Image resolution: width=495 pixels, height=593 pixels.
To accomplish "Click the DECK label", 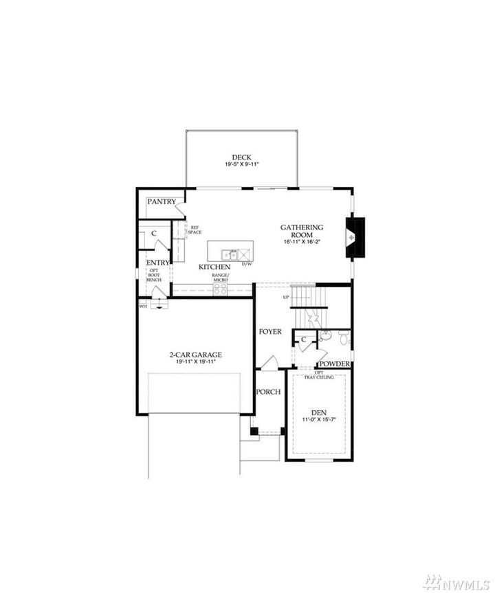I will (241, 157).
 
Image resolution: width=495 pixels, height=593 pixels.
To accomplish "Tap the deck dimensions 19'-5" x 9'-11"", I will (241, 165).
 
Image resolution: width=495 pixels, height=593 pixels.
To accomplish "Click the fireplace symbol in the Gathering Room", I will (353, 238).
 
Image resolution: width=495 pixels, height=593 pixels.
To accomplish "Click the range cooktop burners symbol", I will (220, 289).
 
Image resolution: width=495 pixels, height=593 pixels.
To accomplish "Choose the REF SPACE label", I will (195, 230).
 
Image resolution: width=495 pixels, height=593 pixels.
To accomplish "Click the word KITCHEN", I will (213, 266).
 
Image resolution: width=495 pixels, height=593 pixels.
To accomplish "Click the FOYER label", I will (270, 331).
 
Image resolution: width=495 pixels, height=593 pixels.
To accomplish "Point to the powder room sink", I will (344, 338).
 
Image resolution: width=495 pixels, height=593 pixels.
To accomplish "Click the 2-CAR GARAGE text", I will (196, 355).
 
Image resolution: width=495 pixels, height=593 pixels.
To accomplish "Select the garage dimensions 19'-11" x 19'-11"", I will (196, 362).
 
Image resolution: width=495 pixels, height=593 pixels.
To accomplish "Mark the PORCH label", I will (268, 392).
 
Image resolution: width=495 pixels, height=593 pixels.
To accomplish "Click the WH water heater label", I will (143, 306).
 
